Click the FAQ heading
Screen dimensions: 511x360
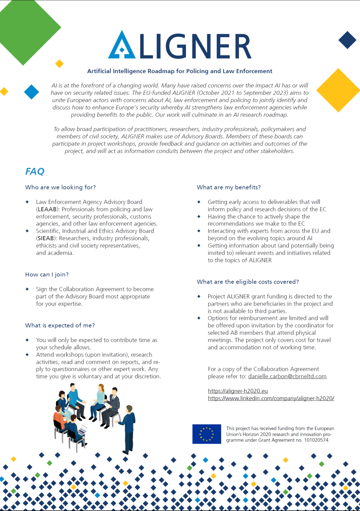coord(35,171)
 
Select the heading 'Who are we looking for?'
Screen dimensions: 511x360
coord(60,187)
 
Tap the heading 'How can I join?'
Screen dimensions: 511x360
coord(47,275)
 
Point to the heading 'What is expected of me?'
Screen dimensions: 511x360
coord(60,326)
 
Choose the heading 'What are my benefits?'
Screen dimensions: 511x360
coord(229,187)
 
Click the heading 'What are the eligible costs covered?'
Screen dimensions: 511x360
coord(248,282)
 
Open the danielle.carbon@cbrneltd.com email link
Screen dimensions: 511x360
coord(287,376)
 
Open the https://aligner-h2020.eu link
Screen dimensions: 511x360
coord(238,391)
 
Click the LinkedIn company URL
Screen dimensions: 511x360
coord(271,398)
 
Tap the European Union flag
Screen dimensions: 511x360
coord(207,434)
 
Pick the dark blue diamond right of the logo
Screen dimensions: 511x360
coord(347,40)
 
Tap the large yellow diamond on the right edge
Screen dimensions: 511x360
coord(338,90)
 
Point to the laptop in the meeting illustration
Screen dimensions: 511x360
coord(83,430)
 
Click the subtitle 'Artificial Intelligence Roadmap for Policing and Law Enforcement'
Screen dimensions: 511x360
coord(180,71)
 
